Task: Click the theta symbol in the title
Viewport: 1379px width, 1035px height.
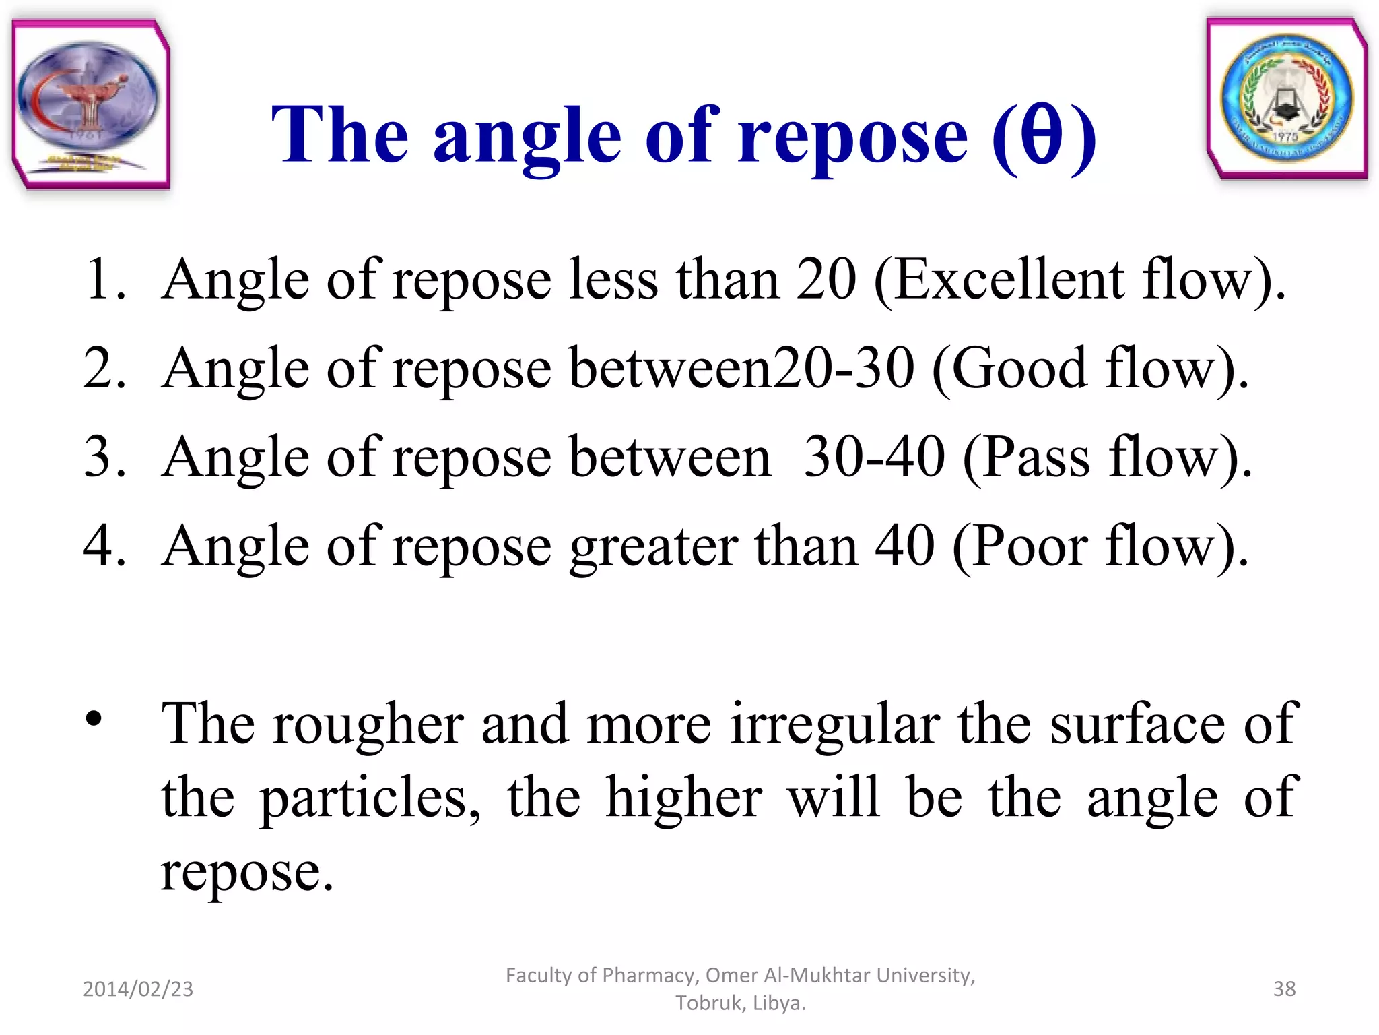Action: pyautogui.click(x=1041, y=135)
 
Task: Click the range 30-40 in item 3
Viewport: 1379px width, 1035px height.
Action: pyautogui.click(x=875, y=458)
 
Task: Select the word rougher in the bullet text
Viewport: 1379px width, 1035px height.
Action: pyautogui.click(x=368, y=725)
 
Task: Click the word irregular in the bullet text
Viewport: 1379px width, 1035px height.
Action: pyautogui.click(x=835, y=724)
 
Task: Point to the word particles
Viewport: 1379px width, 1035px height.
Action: pyautogui.click(x=370, y=799)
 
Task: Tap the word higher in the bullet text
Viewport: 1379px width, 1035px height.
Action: pyautogui.click(x=683, y=798)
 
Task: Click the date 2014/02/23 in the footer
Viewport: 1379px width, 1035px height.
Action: pyautogui.click(x=138, y=989)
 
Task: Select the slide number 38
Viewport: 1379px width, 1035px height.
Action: pyautogui.click(x=1284, y=989)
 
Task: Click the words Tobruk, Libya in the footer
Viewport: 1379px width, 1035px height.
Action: pyautogui.click(x=741, y=1003)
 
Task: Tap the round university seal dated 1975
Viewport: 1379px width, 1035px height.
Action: pyautogui.click(x=1287, y=100)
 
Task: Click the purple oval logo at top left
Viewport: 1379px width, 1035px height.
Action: pyautogui.click(x=88, y=101)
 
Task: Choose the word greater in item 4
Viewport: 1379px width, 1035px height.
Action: pyautogui.click(x=654, y=547)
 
